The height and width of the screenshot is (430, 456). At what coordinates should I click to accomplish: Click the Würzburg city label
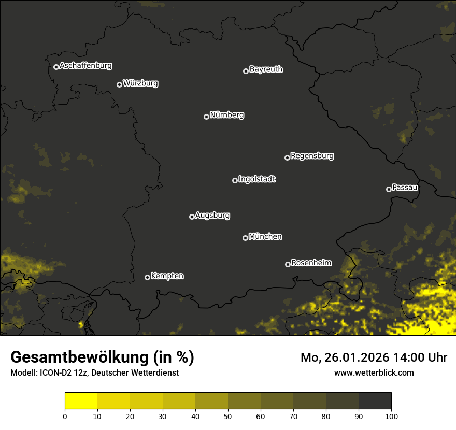(x=140, y=83)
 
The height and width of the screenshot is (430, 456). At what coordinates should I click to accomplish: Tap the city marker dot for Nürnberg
(x=206, y=117)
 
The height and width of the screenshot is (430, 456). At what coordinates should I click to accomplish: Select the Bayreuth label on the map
(x=266, y=69)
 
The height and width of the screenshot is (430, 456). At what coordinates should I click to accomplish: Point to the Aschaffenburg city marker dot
(x=56, y=67)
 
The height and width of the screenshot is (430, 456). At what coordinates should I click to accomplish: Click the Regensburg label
(x=312, y=156)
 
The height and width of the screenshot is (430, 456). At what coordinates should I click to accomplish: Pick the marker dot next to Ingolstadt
(x=235, y=180)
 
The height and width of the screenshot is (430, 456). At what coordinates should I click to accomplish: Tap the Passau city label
(x=405, y=188)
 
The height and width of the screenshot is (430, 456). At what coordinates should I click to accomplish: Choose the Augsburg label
(x=212, y=216)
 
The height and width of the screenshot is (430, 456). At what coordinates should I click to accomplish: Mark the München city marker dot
(x=245, y=238)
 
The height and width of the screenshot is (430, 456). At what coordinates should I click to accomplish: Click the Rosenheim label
(x=311, y=263)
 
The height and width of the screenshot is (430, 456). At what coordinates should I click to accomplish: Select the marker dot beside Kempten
(x=147, y=277)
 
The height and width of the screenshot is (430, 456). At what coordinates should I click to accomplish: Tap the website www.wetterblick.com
(x=374, y=372)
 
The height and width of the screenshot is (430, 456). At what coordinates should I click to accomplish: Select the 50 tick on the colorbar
(x=228, y=416)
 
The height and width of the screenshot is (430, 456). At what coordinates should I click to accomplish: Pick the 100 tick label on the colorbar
(x=391, y=416)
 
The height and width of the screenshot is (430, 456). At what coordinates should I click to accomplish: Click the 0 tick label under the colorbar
(x=65, y=416)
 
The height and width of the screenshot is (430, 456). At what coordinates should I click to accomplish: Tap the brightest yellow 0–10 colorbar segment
(x=81, y=401)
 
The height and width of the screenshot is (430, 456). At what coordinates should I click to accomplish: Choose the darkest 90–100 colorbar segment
(x=375, y=401)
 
